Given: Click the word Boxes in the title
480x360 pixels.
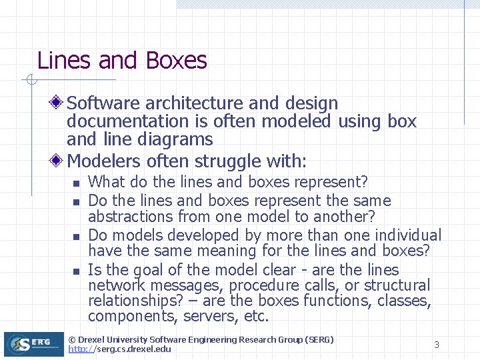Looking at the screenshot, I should pos(176,61).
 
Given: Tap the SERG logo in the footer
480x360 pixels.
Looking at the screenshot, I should pos(33,344).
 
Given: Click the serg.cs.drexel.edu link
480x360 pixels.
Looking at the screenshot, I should pos(119,349).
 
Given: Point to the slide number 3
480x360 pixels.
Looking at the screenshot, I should pos(437,345).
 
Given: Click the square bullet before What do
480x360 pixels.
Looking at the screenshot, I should pos(77,183).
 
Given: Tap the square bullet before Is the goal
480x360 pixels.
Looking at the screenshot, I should pos(77,271).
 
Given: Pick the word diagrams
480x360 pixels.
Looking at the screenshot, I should pos(173,139).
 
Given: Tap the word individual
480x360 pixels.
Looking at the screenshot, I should pos(408,235).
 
